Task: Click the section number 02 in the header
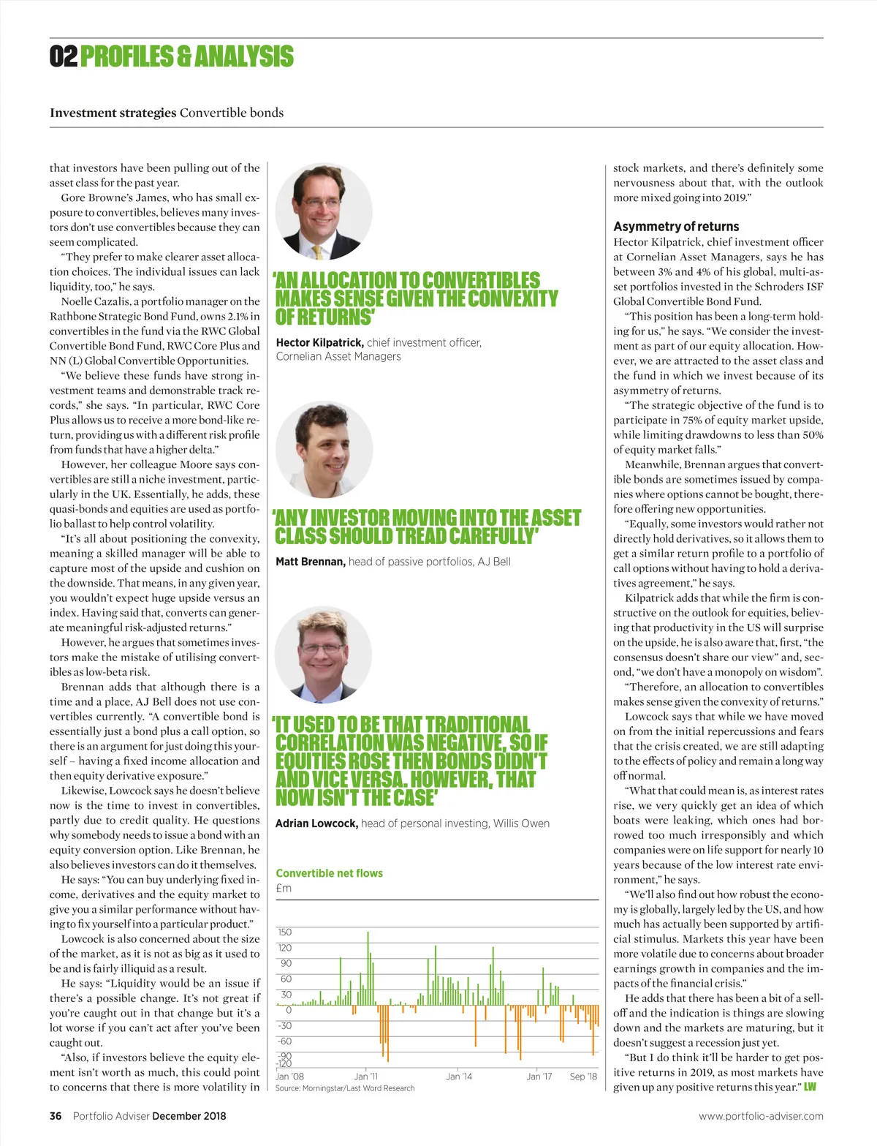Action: (63, 56)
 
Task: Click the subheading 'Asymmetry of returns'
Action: (676, 227)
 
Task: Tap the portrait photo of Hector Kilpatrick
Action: (324, 212)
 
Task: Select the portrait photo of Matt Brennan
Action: (324, 450)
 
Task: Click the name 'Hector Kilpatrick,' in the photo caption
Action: (319, 342)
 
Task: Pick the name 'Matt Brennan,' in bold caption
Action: (310, 562)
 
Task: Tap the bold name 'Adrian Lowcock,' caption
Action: (316, 823)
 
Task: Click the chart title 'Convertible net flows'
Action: (329, 873)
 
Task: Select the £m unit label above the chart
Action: (284, 889)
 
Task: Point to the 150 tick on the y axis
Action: (284, 932)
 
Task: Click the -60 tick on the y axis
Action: (284, 1041)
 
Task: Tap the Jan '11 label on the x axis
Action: (365, 1077)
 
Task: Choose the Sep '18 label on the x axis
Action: (583, 1077)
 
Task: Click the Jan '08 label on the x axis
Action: (289, 1077)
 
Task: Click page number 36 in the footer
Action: (56, 1116)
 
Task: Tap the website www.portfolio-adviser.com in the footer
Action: (761, 1116)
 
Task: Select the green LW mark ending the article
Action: (810, 1087)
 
